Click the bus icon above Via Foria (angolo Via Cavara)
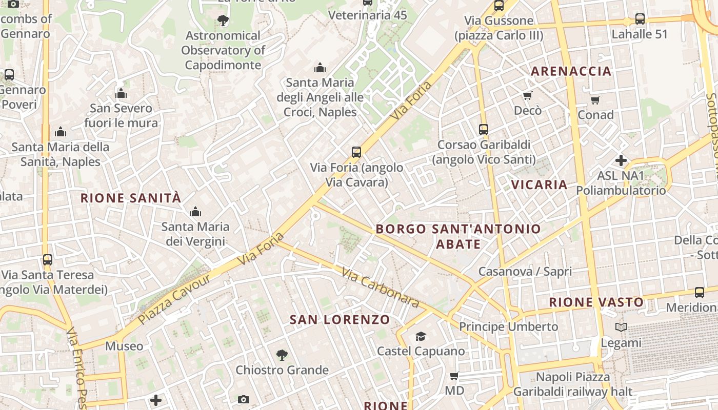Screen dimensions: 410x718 (x=356, y=152)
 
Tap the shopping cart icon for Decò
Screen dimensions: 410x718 (x=527, y=95)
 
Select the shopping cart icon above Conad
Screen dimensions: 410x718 (x=595, y=100)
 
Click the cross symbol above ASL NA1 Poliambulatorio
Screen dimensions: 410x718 (x=621, y=160)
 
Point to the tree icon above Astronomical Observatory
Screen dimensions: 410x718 (x=223, y=20)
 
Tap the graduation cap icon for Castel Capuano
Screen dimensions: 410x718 (x=421, y=336)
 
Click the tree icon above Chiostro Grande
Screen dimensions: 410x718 (x=282, y=355)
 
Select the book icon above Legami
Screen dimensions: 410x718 (x=621, y=327)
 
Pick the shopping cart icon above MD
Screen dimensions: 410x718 (x=454, y=376)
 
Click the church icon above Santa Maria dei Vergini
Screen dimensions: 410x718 (x=195, y=212)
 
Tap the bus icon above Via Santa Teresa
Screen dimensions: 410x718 (x=48, y=260)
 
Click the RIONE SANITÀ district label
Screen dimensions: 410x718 (x=131, y=198)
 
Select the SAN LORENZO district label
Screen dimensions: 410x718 (x=340, y=320)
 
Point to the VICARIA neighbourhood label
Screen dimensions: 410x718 (x=540, y=184)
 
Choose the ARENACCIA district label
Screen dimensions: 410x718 (x=571, y=71)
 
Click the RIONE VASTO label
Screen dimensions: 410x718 (x=596, y=302)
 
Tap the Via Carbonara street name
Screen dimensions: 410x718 (x=380, y=289)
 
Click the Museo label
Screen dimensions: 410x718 (x=124, y=346)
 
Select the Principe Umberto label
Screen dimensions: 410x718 (x=508, y=326)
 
